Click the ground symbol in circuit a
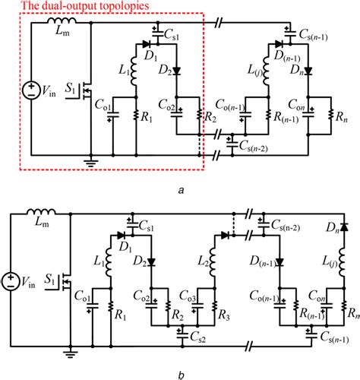point(91,160)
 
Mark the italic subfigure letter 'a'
point(179,191)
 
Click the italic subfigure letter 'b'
point(179,373)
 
